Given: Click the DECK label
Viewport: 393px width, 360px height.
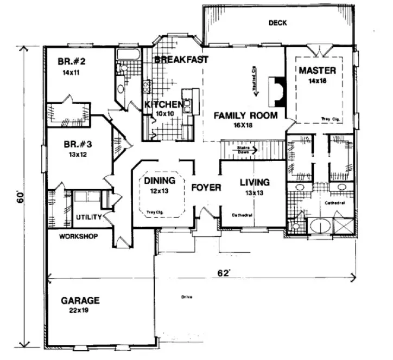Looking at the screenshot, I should (x=277, y=23).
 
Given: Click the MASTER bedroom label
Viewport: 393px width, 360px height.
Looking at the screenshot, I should (x=317, y=70).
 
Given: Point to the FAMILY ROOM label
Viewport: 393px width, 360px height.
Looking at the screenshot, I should (x=245, y=115).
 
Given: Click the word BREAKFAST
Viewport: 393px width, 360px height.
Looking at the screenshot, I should (x=181, y=60).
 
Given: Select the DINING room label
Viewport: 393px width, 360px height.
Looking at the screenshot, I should (x=160, y=181).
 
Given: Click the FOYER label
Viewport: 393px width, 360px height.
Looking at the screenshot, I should (x=206, y=188).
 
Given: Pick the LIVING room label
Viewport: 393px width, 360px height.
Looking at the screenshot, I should (x=255, y=182).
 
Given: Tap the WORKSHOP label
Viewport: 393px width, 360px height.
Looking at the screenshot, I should (x=78, y=236).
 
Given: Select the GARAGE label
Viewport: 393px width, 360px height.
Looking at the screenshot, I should (x=79, y=300).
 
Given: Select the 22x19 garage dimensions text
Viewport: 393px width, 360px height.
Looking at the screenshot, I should (x=80, y=311).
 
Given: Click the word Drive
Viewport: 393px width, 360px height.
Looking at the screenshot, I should (x=187, y=297).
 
